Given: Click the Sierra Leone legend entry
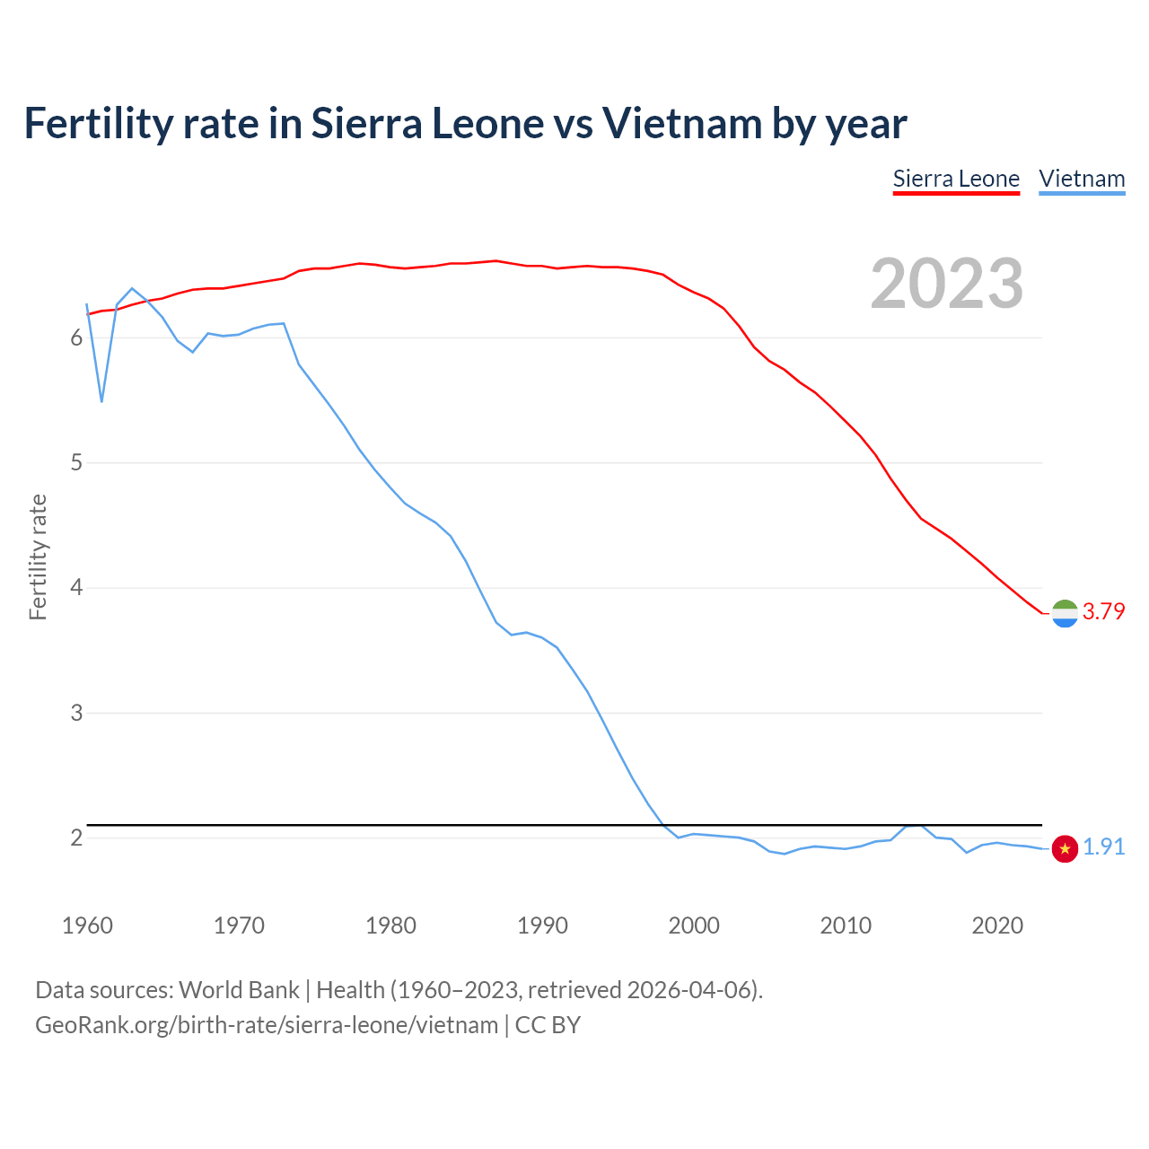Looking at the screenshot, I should pyautogui.click(x=956, y=180).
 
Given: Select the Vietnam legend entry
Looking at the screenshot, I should pyautogui.click(x=1082, y=180).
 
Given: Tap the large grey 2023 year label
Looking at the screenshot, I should pyautogui.click(x=947, y=284).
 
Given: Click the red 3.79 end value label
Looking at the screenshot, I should pyautogui.click(x=1103, y=611).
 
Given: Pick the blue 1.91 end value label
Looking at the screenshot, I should pyautogui.click(x=1103, y=846).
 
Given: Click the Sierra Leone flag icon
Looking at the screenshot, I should pyautogui.click(x=1065, y=613).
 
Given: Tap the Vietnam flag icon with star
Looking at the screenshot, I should pyautogui.click(x=1065, y=848).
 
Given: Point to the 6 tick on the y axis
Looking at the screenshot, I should pyautogui.click(x=76, y=338).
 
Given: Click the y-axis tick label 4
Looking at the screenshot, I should pyautogui.click(x=76, y=588).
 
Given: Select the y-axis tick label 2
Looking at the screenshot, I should pyautogui.click(x=76, y=838).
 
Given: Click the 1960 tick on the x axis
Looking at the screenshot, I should pyautogui.click(x=87, y=925).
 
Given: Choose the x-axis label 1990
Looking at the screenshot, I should pyautogui.click(x=542, y=925).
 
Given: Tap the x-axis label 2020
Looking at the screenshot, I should pyautogui.click(x=997, y=925).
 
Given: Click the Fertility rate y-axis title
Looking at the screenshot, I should pyautogui.click(x=38, y=557).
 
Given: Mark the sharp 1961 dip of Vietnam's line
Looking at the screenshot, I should pyautogui.click(x=101, y=400).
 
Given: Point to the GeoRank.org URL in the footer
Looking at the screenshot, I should pyautogui.click(x=267, y=1025).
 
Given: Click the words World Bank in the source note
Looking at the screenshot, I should pyautogui.click(x=239, y=990).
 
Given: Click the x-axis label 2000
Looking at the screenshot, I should pyautogui.click(x=694, y=925).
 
